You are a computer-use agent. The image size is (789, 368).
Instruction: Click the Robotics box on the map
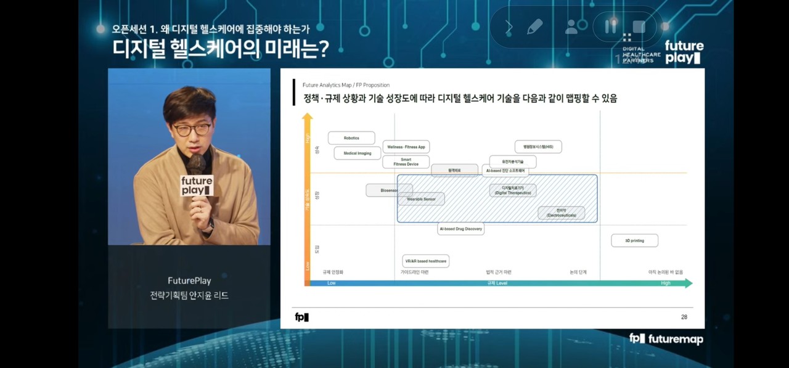351,138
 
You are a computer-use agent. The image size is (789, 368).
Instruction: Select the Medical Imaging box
358,153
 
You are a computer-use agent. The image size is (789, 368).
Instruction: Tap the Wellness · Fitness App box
406,147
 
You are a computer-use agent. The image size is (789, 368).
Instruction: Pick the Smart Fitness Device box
406,162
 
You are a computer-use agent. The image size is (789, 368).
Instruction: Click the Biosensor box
389,190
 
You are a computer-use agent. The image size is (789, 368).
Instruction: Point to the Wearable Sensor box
421,199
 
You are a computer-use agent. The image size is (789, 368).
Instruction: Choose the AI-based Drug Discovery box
460,229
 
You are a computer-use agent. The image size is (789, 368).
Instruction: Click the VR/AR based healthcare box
425,261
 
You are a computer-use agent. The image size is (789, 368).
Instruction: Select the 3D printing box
634,240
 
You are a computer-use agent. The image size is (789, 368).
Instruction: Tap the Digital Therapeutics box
513,190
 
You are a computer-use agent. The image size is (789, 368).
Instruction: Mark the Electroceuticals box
561,213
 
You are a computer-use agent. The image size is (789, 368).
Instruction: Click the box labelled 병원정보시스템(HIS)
538,147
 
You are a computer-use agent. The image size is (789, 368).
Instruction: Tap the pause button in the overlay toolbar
611,27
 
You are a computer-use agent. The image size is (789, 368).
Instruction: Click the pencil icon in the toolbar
534,27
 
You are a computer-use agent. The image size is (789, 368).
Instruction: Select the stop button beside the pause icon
639,27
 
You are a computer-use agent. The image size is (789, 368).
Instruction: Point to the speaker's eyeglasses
192,129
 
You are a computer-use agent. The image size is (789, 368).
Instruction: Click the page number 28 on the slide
684,317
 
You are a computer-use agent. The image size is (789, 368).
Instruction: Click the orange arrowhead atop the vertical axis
308,117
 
